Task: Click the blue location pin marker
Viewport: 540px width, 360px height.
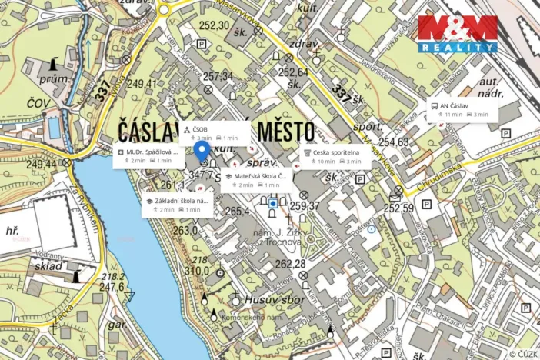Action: pos(202,151)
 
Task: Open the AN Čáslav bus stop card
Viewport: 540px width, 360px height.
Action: pos(462,109)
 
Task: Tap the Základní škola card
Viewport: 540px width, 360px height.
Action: pos(176,204)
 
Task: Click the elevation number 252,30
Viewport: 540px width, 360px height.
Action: pos(214,25)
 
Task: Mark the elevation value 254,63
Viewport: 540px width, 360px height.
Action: pos(393,142)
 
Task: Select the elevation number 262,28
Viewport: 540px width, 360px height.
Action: pos(290,265)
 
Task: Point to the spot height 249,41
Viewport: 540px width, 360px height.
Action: pos(142,84)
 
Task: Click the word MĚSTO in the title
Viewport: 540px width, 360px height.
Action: pos(279,129)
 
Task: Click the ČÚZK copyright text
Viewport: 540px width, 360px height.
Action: pos(523,353)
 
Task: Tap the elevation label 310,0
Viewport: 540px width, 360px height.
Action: pos(196,270)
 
